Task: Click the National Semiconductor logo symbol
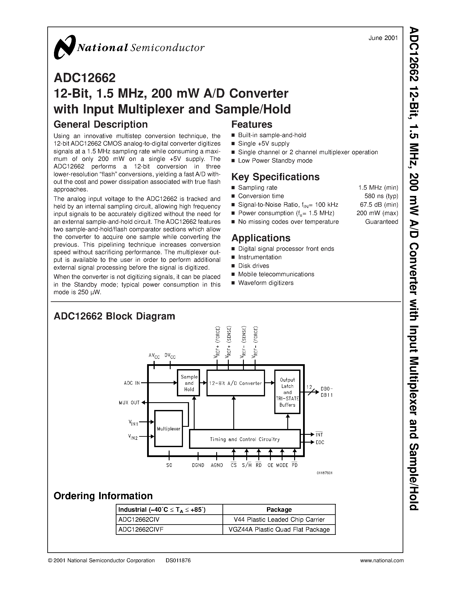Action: [64, 47]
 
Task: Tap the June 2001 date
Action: [383, 38]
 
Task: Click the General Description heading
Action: [101, 124]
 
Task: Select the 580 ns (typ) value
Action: [381, 196]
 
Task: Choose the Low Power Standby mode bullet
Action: [275, 160]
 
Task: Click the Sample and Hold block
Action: [189, 383]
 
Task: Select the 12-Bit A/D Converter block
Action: [235, 383]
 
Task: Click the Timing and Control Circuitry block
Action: [245, 439]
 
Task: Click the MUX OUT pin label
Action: [129, 403]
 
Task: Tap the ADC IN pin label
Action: [132, 383]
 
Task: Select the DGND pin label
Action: [198, 465]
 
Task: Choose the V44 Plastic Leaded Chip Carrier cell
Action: [279, 519]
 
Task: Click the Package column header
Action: [279, 509]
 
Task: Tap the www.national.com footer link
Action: [381, 561]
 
